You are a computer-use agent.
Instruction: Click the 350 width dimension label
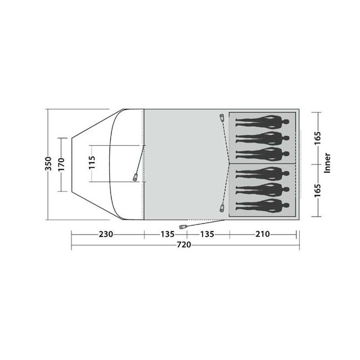pyautogui.click(x=48, y=164)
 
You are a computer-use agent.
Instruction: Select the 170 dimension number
pyautogui.click(x=61, y=164)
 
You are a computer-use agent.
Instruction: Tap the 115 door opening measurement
pyautogui.click(x=92, y=162)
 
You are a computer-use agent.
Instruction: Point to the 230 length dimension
pyautogui.click(x=106, y=234)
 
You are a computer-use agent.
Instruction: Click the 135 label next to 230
pyautogui.click(x=167, y=234)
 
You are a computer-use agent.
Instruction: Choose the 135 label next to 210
pyautogui.click(x=207, y=234)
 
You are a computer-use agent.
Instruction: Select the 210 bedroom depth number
pyautogui.click(x=263, y=234)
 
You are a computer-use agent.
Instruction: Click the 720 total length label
pyautogui.click(x=184, y=245)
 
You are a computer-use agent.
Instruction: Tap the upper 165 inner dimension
pyautogui.click(x=317, y=138)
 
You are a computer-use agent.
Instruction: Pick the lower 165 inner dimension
pyautogui.click(x=317, y=191)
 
